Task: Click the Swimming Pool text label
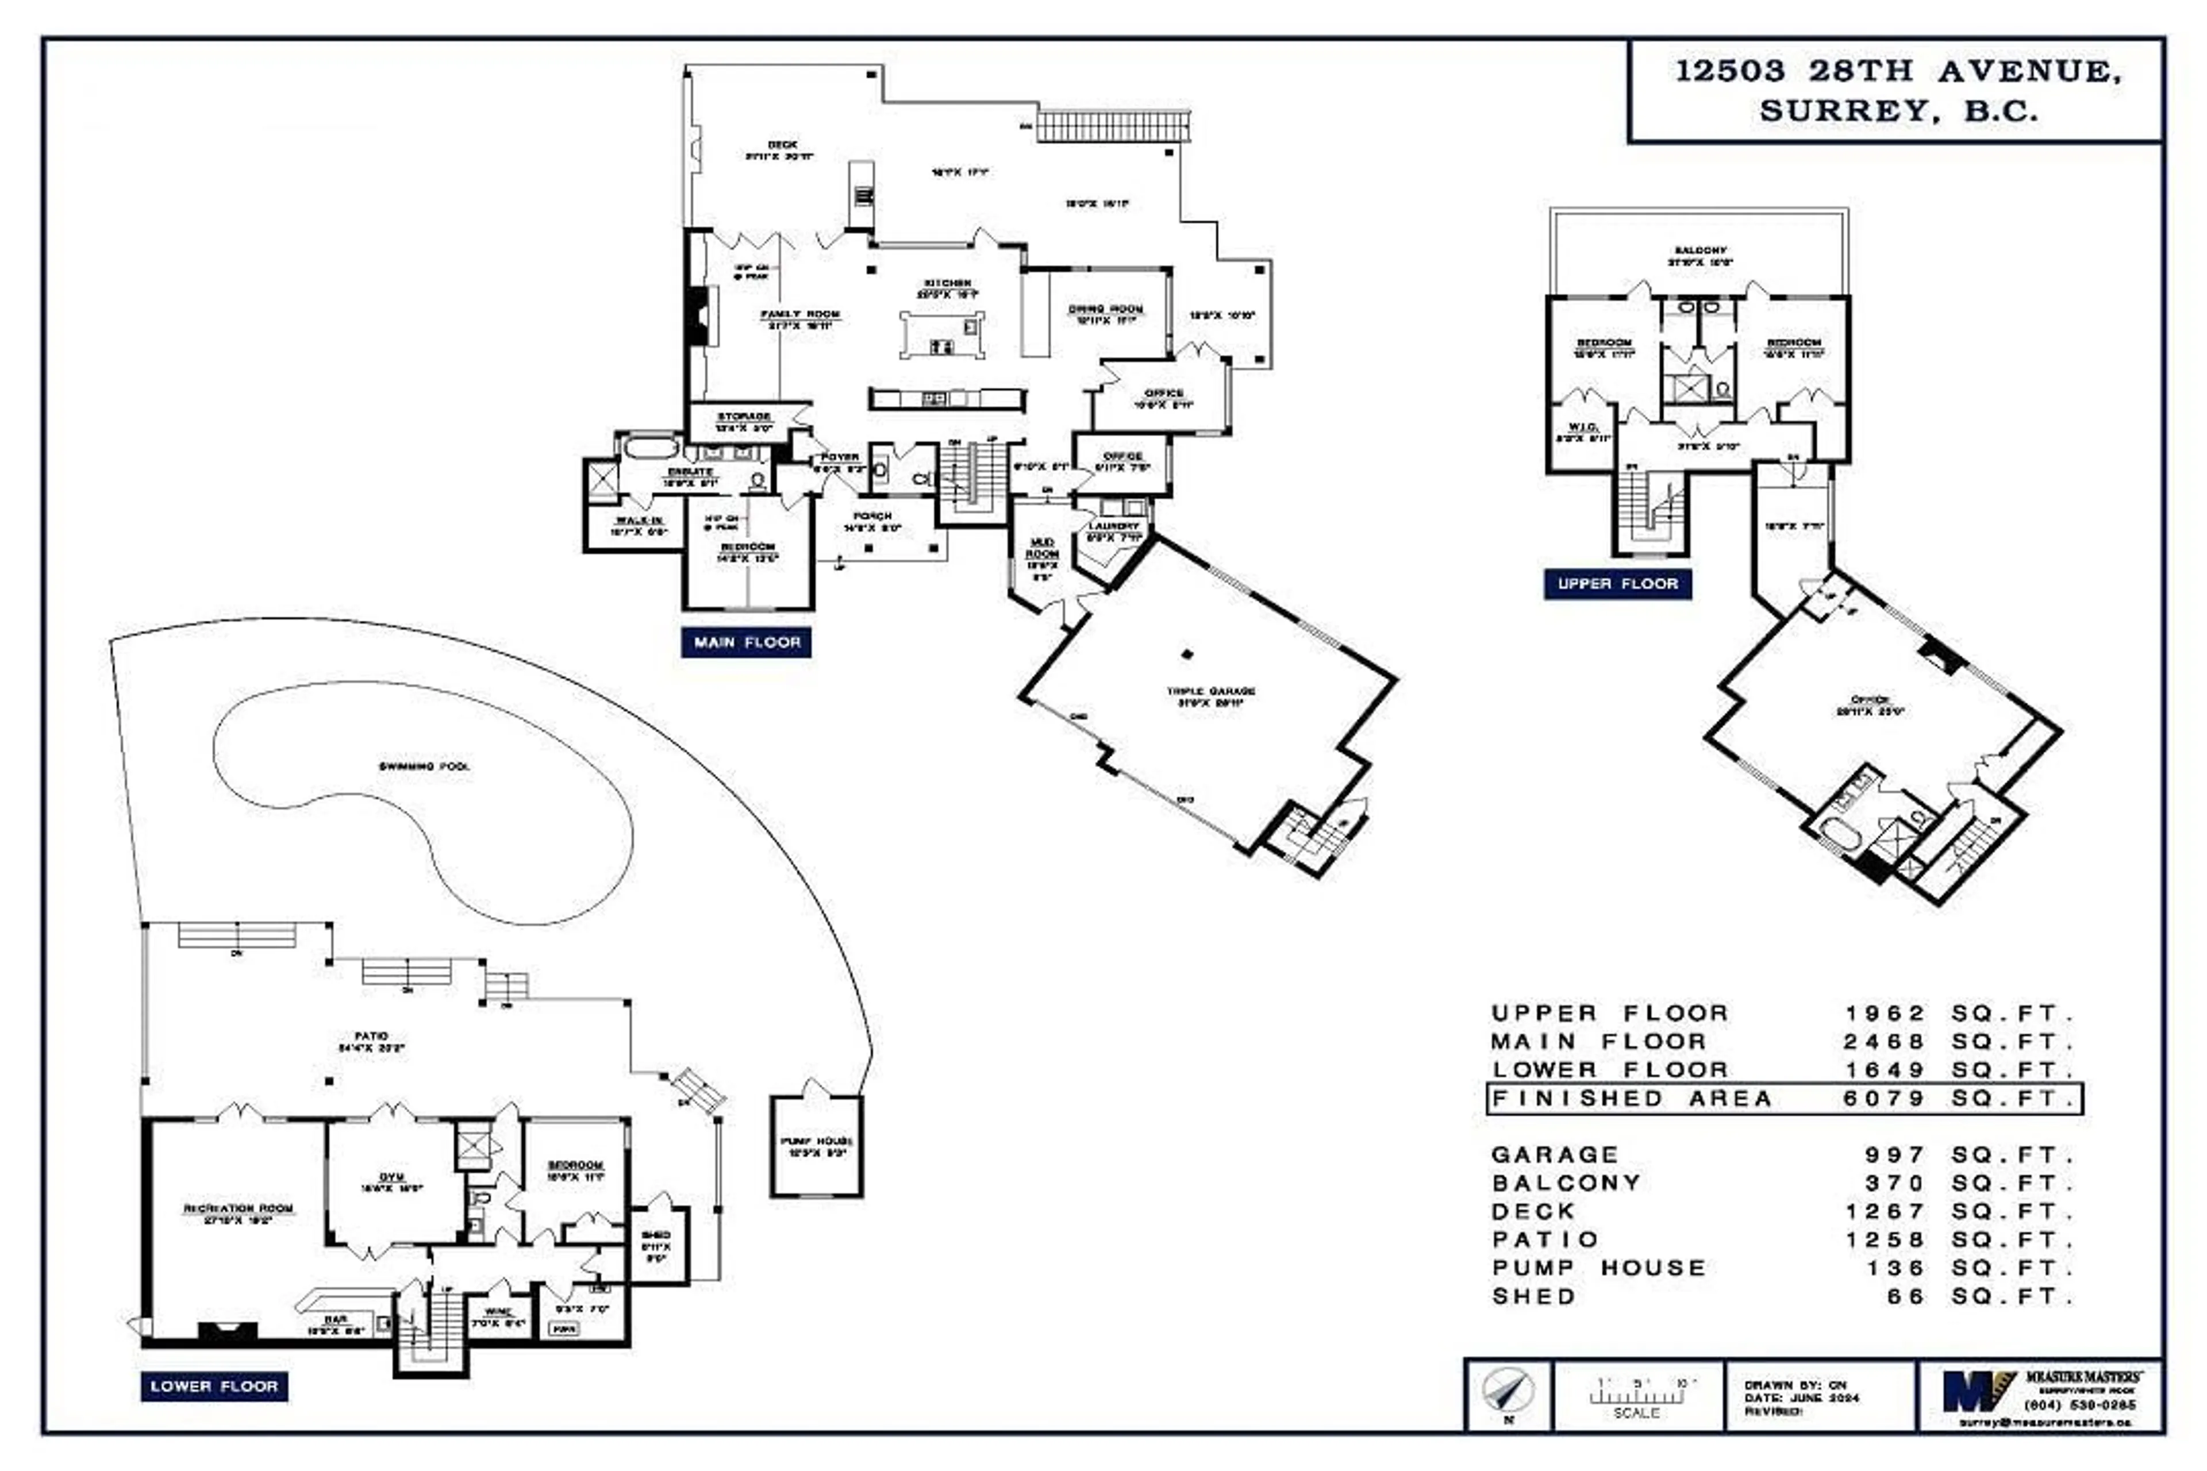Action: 424,767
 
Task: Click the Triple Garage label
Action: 1210,691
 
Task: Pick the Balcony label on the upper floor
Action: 1700,251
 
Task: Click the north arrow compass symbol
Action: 1508,1392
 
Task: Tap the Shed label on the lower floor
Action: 655,1235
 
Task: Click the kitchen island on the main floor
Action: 942,335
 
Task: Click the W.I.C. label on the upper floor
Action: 1582,427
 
